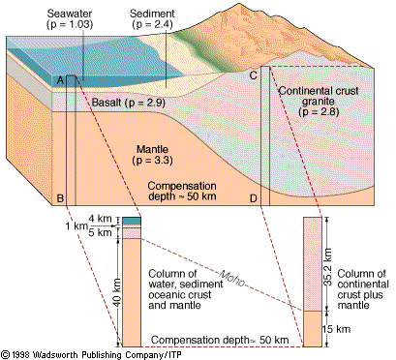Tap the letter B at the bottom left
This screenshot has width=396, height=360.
coord(60,198)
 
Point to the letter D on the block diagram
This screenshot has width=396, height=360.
coord(254,198)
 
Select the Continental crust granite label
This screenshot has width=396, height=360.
coord(312,101)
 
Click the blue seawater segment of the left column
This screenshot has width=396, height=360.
coord(133,222)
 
